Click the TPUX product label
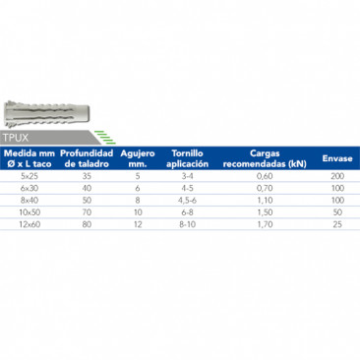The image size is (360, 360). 16,138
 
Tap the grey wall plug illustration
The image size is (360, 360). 46,114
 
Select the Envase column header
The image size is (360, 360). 337,158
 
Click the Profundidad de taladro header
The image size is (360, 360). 87,158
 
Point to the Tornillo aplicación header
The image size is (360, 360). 187,158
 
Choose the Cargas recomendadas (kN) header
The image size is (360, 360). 265,158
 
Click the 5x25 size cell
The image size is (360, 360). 30,176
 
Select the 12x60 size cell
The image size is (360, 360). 30,224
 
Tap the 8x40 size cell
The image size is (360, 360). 30,201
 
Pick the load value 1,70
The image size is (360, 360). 265,224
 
